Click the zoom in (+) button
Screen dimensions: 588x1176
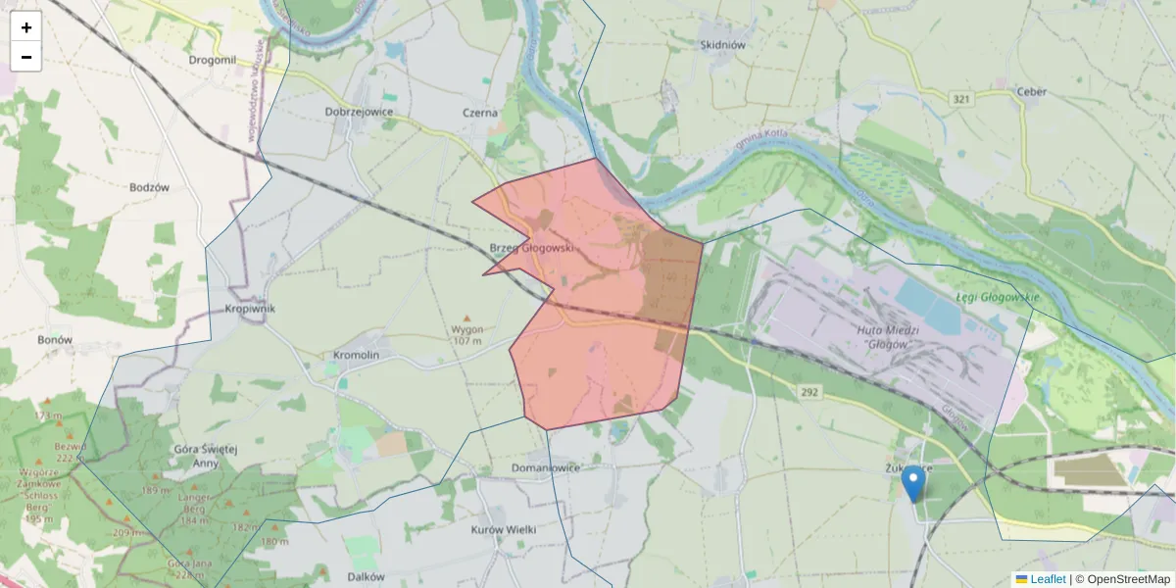[26, 27]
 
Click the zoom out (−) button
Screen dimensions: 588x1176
[26, 57]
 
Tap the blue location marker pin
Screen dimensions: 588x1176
[913, 483]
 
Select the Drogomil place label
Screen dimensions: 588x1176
[213, 60]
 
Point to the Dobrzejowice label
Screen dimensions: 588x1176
[359, 112]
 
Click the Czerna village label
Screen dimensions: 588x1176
[480, 113]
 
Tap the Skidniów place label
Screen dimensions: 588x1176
[723, 45]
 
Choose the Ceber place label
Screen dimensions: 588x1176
[1032, 92]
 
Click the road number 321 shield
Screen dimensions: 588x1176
[960, 99]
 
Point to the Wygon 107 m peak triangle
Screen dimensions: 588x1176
[466, 318]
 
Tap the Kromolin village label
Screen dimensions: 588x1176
[356, 354]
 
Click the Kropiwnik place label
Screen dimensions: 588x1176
[250, 309]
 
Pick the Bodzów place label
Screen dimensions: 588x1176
[150, 187]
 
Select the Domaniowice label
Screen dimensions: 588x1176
[546, 467]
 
